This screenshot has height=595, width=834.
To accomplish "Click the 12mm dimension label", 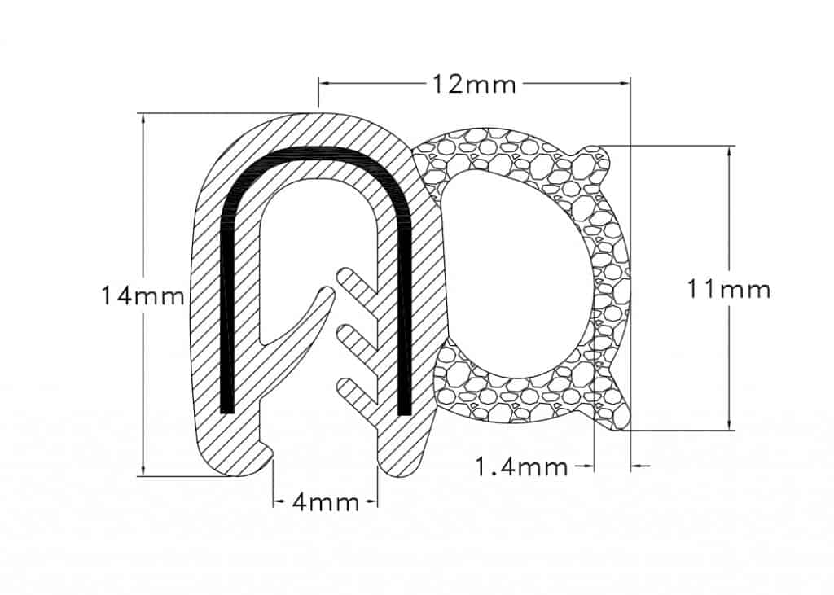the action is click(x=473, y=84).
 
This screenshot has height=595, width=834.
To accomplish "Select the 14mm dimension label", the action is click(x=142, y=295).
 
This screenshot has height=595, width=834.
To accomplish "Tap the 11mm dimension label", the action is click(x=729, y=291).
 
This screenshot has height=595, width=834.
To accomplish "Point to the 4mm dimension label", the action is click(x=326, y=501).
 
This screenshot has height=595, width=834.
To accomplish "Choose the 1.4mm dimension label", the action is click(x=521, y=467).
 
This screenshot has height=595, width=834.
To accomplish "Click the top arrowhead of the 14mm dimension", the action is click(x=143, y=120).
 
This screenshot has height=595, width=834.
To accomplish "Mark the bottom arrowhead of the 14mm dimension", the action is click(x=143, y=469).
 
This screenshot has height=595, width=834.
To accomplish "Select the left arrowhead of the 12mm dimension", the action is click(x=327, y=84).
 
